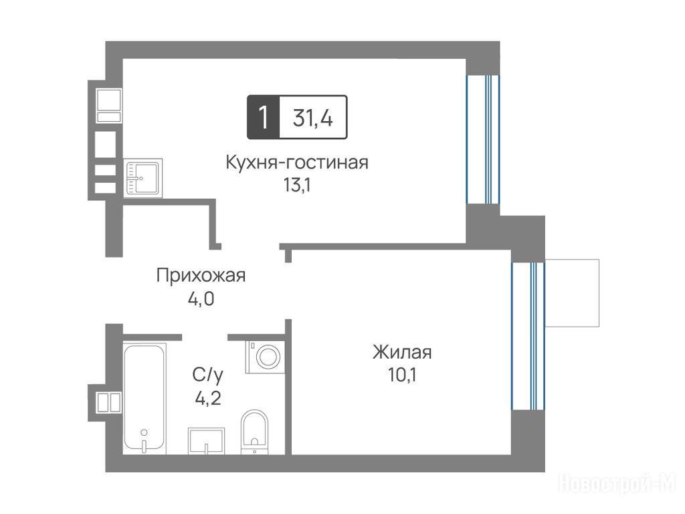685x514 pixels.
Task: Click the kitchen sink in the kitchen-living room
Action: (143, 178)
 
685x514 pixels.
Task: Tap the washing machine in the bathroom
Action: (265, 357)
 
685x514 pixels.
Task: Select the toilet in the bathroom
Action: (254, 432)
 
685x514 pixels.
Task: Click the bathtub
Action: (144, 399)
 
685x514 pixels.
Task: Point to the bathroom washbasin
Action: (206, 441)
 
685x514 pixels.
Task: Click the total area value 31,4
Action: (313, 118)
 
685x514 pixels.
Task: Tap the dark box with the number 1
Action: (263, 117)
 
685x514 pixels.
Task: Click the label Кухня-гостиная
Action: (297, 163)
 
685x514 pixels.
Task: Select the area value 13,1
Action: (296, 185)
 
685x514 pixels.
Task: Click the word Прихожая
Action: (201, 276)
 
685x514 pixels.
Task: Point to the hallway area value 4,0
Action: (201, 299)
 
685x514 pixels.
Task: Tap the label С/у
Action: (207, 375)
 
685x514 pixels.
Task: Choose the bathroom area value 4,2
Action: (208, 398)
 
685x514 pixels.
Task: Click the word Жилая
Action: (402, 352)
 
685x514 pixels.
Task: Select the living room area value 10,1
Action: (402, 375)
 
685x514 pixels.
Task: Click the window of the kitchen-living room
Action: (483, 139)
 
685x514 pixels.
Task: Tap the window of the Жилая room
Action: (528, 336)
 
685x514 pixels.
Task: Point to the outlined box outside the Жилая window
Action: (572, 293)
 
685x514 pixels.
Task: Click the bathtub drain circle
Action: (144, 432)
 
